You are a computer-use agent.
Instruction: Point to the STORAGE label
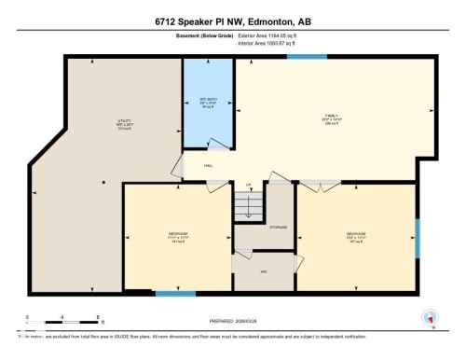278,227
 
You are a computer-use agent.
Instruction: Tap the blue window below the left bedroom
175,295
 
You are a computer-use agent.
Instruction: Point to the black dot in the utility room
103,181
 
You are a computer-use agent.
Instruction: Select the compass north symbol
429,318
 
